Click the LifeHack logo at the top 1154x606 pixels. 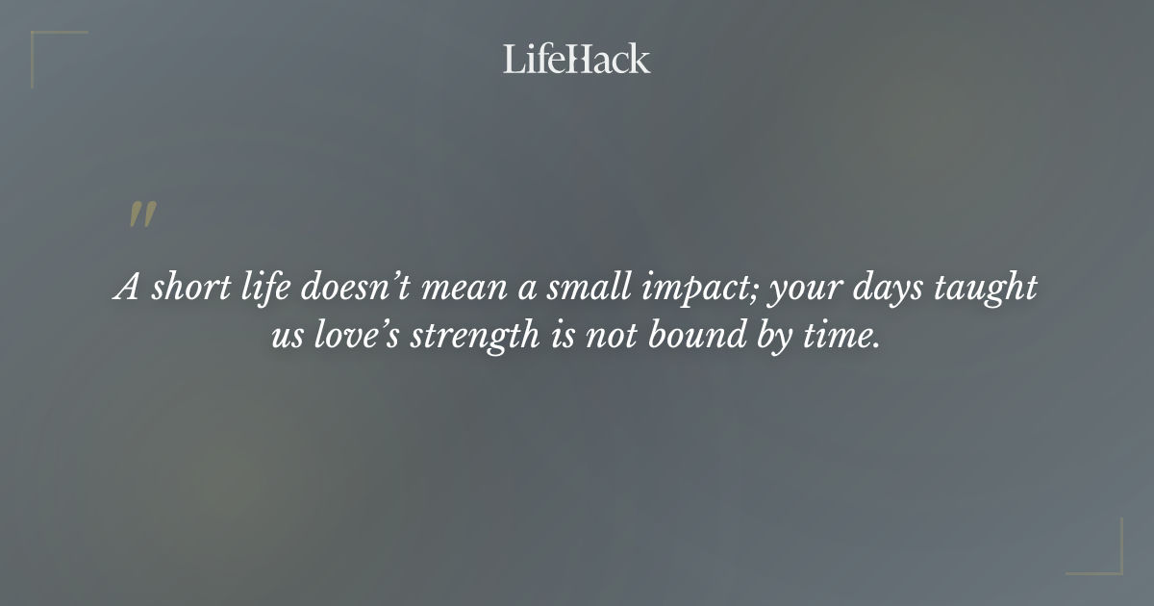coord(576,59)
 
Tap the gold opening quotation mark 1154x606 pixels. coord(142,215)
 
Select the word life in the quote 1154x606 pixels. coord(263,289)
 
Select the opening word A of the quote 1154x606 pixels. coord(127,289)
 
